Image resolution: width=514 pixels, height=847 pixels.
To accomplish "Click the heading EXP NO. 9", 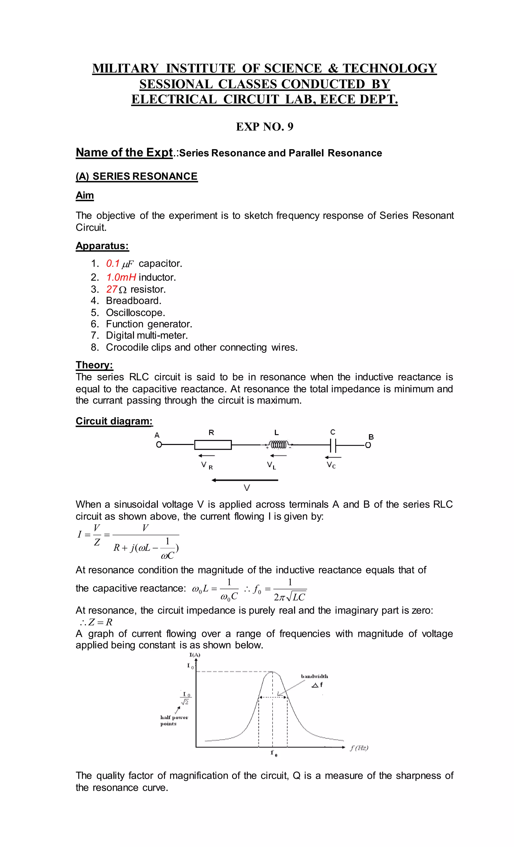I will coord(264,127).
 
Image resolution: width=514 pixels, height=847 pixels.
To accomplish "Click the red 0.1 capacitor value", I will coord(112,264).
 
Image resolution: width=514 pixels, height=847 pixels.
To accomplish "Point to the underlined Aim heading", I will coord(85,195).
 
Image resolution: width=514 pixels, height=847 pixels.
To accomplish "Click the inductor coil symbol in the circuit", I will coord(278,445).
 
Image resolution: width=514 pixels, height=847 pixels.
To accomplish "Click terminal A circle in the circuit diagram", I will coord(158,445).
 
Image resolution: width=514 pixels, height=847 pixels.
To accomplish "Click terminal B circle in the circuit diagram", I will coord(368,445).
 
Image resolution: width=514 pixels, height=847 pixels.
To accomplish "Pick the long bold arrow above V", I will coord(245,480).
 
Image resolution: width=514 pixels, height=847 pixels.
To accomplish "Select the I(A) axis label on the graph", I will coord(195,655).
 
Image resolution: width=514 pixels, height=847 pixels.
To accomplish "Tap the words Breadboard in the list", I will coord(133,301).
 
